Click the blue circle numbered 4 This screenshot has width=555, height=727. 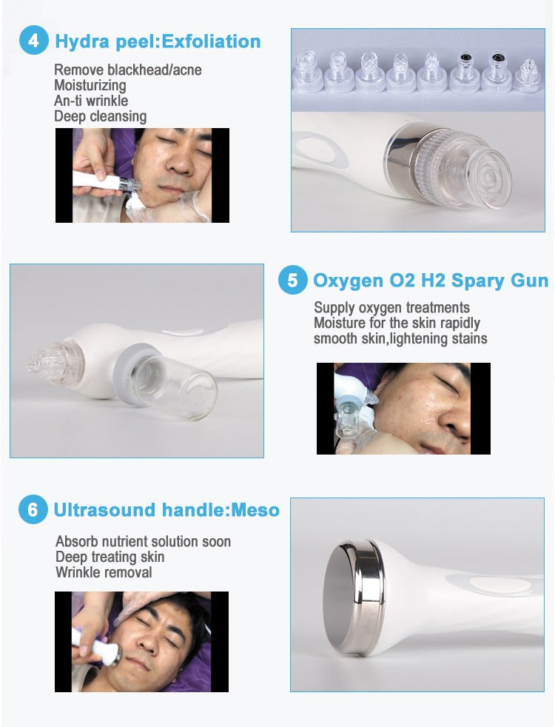click(x=33, y=41)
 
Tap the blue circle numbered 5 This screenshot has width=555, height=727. click(x=293, y=281)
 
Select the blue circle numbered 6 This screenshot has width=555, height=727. click(x=33, y=510)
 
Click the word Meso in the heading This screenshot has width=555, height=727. click(x=255, y=510)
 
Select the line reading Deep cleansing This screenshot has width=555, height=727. click(x=100, y=116)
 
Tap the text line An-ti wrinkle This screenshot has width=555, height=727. click(x=91, y=101)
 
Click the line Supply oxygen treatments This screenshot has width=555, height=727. click(x=391, y=307)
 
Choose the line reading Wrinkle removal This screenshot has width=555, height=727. click(x=104, y=572)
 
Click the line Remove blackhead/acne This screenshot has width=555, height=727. click(x=127, y=70)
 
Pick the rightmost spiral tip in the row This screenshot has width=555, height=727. click(x=528, y=74)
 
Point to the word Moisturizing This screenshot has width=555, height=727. click(x=90, y=85)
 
